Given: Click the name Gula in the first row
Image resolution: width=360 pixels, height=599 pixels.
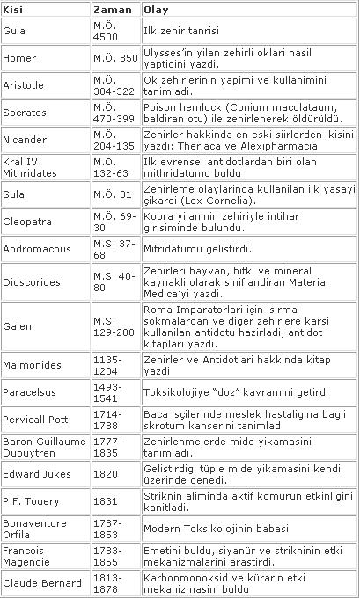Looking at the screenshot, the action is coord(15,31).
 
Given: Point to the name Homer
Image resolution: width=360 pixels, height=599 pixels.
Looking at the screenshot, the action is coord(19,61).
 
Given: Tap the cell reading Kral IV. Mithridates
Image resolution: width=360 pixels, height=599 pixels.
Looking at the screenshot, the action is coord(30,167).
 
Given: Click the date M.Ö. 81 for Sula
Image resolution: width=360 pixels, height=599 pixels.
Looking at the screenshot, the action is coord(111,193).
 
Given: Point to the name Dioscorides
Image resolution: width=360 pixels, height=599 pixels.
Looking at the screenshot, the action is coord(31,283).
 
